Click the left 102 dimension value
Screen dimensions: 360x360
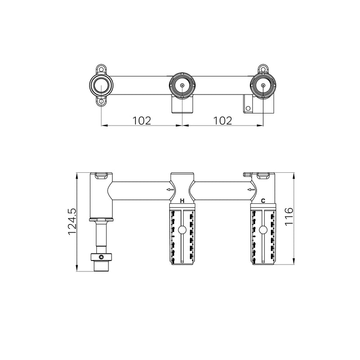click(142, 121)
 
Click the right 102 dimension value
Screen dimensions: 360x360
click(223, 121)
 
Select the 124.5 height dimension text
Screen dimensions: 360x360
click(72, 222)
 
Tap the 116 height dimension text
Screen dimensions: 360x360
click(289, 217)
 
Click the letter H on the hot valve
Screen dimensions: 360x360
click(182, 201)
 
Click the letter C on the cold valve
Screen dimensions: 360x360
click(263, 201)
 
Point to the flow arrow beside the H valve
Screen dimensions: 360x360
click(170, 189)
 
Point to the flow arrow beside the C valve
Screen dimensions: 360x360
click(251, 189)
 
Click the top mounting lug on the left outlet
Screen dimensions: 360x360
click(101, 69)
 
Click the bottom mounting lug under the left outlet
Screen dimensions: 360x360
click(101, 102)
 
